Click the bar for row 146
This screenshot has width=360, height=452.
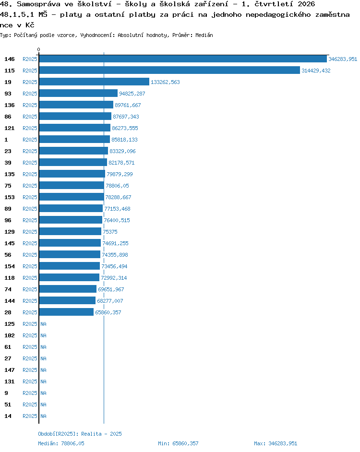coord(183,59)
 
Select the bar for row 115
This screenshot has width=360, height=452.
coord(169,71)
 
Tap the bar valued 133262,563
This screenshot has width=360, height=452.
coord(94,82)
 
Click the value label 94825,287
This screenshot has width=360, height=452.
coord(132,94)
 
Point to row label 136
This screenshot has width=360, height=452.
coord(10,105)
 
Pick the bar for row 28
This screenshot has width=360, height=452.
coord(66,312)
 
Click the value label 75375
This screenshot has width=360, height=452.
coord(110,232)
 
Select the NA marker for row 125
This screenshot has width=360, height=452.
coord(43,324)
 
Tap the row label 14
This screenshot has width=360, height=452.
coord(8,416)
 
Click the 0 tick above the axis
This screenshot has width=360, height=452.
coord(39,49)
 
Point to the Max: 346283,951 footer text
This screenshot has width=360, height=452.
coord(276,443)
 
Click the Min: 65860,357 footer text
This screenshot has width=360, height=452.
coord(178,443)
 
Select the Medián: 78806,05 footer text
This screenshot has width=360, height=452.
coord(61,443)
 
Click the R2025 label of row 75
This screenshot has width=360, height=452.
coord(30,186)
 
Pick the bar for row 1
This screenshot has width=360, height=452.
coord(74,140)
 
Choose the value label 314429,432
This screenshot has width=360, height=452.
coord(316,71)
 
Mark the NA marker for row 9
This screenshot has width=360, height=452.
coord(43,393)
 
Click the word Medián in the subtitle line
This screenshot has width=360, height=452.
coord(204,35)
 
